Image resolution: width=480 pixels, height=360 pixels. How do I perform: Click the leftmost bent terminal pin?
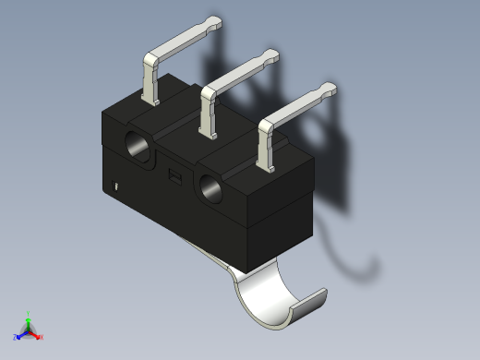[150, 74]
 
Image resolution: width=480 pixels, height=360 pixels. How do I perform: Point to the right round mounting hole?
[210, 189]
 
